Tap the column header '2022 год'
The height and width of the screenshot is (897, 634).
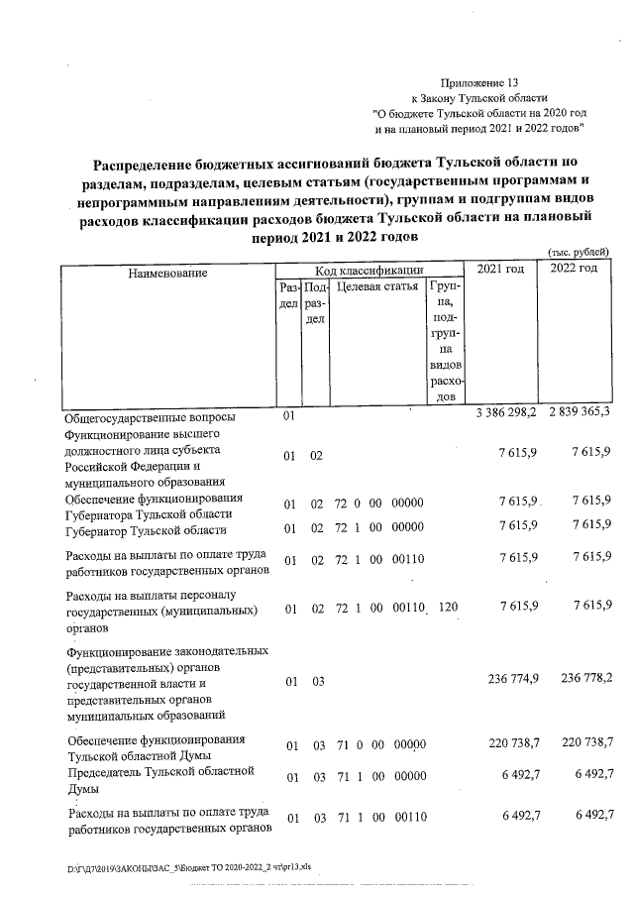click(574, 269)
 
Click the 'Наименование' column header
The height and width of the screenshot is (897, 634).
click(166, 272)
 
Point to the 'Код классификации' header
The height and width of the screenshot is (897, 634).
click(370, 269)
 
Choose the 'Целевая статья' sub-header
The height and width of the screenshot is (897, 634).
click(377, 286)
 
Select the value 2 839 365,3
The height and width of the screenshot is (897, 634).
click(574, 412)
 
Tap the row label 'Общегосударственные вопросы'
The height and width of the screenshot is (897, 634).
click(150, 417)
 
